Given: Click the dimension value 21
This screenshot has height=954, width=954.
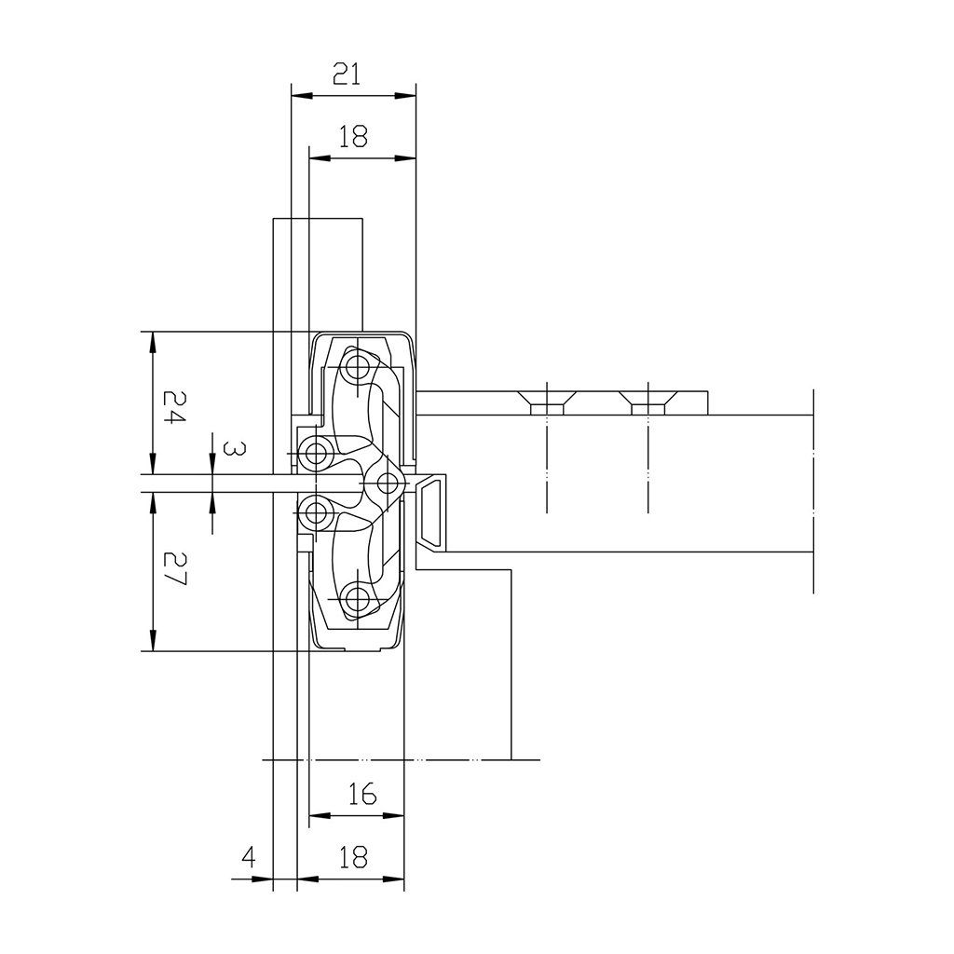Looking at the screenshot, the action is [x=347, y=74].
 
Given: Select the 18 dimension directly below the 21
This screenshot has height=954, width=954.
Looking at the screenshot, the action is [x=353, y=136].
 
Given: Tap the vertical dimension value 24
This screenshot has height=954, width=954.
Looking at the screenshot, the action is [x=172, y=407].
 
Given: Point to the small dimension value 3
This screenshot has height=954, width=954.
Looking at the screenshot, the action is [x=234, y=449].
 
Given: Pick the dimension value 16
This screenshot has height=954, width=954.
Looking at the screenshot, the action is [x=362, y=794].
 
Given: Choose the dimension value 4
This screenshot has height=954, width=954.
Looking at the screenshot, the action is [x=248, y=857].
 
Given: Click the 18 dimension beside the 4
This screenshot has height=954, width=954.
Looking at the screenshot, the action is [x=353, y=857].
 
